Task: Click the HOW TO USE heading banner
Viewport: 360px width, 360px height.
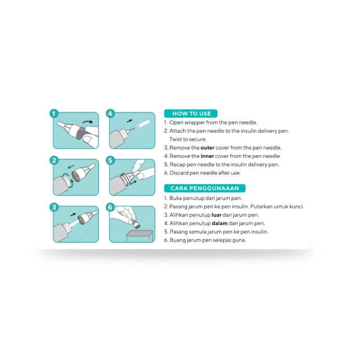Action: tap(191, 113)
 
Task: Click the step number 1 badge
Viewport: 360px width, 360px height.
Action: tap(54, 113)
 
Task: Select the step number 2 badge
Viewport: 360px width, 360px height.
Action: tap(54, 160)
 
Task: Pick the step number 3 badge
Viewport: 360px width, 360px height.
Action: tap(54, 207)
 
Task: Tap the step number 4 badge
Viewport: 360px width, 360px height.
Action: tap(111, 113)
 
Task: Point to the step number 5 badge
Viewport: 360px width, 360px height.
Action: tap(111, 160)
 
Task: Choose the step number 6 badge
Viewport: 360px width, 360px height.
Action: tap(111, 207)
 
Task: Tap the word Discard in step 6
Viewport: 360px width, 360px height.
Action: tap(179, 173)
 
